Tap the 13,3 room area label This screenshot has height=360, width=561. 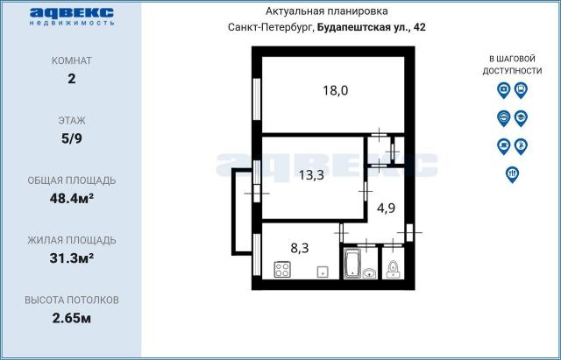click(x=310, y=174)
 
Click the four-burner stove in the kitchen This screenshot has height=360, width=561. click(x=284, y=269)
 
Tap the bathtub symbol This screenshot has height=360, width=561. click(x=353, y=264)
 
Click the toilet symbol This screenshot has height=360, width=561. click(x=394, y=267)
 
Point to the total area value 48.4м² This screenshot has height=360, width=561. click(x=72, y=198)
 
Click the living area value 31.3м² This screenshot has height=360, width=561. click(x=72, y=258)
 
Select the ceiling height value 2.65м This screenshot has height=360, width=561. click(x=72, y=317)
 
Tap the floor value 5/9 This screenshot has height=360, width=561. click(x=72, y=138)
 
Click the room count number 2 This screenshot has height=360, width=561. click(x=72, y=78)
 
